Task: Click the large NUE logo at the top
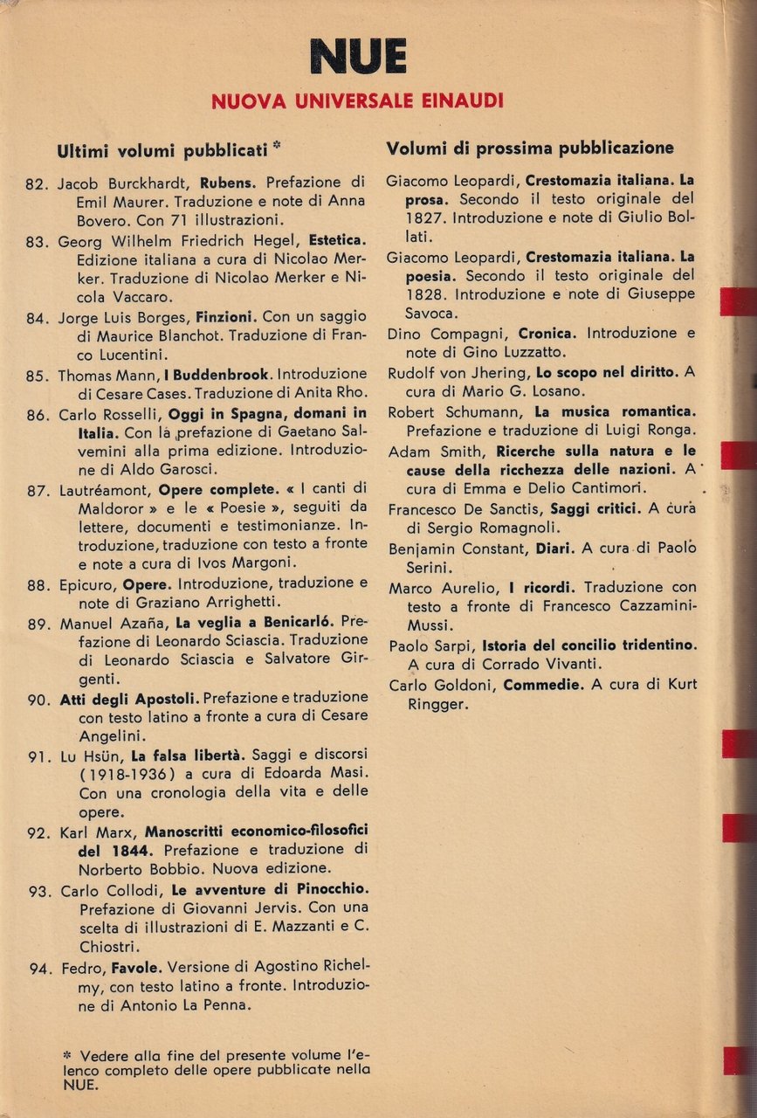357,58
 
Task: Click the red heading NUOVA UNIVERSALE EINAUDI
357,101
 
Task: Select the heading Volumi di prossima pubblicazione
530,148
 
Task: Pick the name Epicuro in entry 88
87,584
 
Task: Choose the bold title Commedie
543,685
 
